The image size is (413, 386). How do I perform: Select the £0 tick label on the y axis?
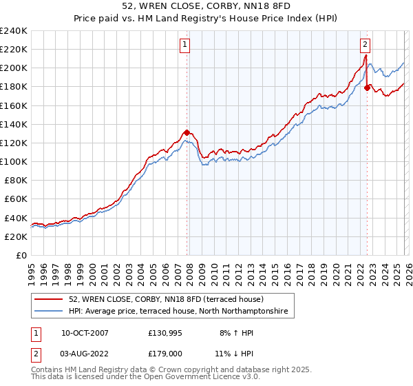(20, 255)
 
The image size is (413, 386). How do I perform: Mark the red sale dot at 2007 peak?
(187, 132)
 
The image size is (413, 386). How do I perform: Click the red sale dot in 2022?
(367, 88)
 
